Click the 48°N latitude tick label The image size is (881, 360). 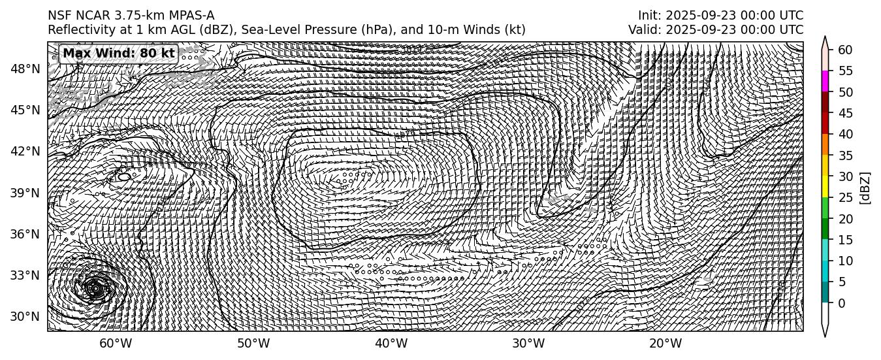pos(25,69)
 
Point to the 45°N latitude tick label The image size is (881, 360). pos(25,110)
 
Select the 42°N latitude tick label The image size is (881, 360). pos(25,151)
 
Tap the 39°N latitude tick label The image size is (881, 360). pos(25,193)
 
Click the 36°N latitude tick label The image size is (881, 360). pos(25,234)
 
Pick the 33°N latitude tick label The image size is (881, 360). pos(25,275)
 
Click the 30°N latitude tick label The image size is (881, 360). pos(25,317)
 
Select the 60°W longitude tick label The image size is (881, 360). pos(116,344)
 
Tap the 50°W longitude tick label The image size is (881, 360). pos(253,344)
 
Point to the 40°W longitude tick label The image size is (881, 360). pos(391,344)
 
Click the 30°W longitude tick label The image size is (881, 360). pos(528,344)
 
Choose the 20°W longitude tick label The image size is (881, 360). pos(665,344)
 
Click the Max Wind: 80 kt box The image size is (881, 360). pos(118,54)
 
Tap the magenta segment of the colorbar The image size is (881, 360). pos(825,81)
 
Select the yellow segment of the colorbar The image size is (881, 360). pos(825,187)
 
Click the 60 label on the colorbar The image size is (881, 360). pos(845,50)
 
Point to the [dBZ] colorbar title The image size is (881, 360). pos(865,188)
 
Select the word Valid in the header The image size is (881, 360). pos(643,30)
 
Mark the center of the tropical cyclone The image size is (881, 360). pos(95,288)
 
